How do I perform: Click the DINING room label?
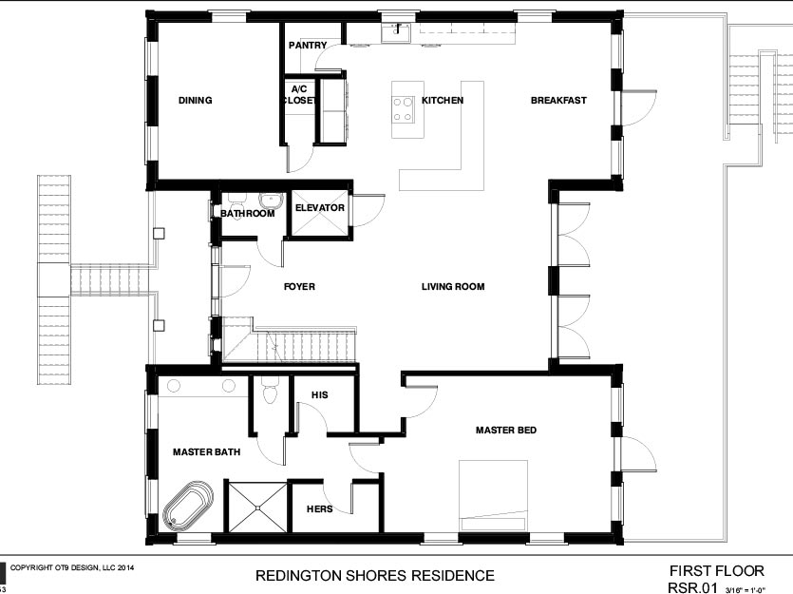tap(196, 100)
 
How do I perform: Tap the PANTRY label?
tap(308, 45)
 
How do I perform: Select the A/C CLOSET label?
tap(299, 95)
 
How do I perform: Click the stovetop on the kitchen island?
tap(403, 109)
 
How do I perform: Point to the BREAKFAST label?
tap(558, 100)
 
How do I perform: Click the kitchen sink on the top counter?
tap(398, 32)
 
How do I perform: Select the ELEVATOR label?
tap(320, 207)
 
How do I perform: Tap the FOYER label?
tap(299, 286)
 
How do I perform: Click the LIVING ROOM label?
tap(453, 286)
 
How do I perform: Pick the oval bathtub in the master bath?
tap(188, 506)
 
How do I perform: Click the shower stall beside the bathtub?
tap(257, 507)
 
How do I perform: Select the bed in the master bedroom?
tap(493, 495)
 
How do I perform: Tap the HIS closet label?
tap(320, 394)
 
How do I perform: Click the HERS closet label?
tap(320, 508)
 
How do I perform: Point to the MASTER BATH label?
tap(206, 451)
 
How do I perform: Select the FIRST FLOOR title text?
tap(717, 571)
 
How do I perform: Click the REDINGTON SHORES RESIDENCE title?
tap(375, 575)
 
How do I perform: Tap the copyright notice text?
tap(72, 567)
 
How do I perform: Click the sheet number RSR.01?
tap(692, 587)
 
